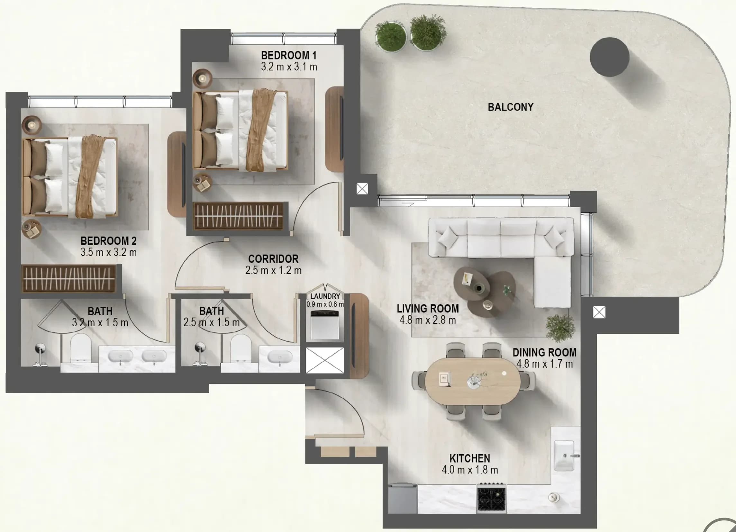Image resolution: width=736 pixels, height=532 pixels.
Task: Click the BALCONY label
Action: pos(511,107)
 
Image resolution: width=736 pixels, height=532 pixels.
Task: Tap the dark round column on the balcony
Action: pos(609,57)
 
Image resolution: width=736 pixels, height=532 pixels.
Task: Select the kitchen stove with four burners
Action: pos(491,498)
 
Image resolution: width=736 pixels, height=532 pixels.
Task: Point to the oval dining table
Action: pos(473,381)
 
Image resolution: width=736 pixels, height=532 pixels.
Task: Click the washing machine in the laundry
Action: pos(324,325)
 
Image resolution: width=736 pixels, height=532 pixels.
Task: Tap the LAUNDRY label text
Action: pos(325,296)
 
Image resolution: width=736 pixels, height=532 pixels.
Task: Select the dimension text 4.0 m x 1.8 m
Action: pos(469,470)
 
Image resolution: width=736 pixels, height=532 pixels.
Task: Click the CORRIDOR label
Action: pos(273,259)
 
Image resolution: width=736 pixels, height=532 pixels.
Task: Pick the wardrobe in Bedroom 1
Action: pos(238,216)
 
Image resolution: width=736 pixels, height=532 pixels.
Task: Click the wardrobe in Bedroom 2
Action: pos(68,279)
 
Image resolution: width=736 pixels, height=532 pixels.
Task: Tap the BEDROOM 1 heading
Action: pos(288,56)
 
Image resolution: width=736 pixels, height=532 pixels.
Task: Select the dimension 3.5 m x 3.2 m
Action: pos(108,252)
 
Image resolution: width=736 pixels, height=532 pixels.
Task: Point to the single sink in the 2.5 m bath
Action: pos(279,357)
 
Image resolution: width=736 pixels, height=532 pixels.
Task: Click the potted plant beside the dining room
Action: pos(560,328)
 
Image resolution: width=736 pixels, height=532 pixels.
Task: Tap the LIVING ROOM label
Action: pos(428,309)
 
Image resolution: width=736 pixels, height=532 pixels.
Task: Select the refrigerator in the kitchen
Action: pos(402,499)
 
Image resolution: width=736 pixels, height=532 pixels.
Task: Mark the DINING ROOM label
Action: pos(545,353)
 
